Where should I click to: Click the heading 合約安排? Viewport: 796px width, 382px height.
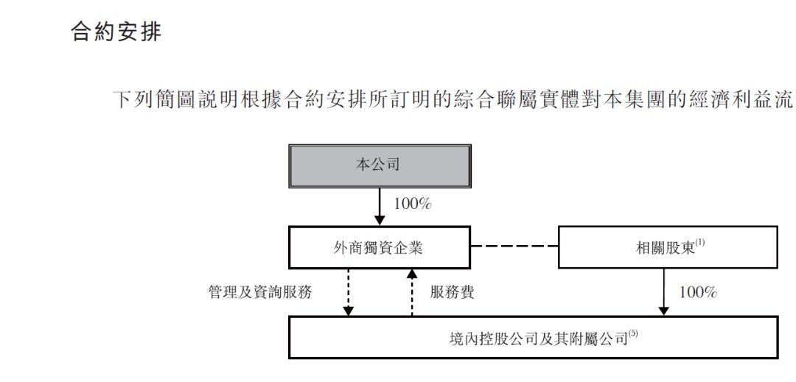click(x=116, y=31)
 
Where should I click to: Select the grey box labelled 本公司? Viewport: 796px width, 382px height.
click(x=380, y=166)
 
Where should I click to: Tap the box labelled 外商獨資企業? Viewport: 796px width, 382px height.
click(x=380, y=247)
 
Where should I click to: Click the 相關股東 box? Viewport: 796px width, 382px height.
click(x=668, y=247)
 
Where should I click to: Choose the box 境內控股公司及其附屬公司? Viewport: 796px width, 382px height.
click(x=533, y=337)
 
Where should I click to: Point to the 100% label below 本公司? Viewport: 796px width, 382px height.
click(x=413, y=204)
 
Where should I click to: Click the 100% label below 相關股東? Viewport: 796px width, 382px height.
click(x=698, y=293)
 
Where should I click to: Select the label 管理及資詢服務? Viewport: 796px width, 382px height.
click(x=260, y=292)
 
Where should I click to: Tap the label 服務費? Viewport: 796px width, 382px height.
click(x=453, y=292)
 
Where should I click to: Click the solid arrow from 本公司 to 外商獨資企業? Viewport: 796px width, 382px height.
click(x=380, y=208)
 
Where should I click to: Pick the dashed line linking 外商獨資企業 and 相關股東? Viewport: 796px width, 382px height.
click(x=514, y=247)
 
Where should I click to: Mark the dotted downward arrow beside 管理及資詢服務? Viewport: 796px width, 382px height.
click(x=348, y=292)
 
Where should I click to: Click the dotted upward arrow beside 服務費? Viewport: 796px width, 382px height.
click(x=412, y=292)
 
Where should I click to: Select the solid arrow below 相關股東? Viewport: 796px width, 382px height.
click(x=663, y=292)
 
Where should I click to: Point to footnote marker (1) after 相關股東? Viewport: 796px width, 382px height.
click(x=701, y=243)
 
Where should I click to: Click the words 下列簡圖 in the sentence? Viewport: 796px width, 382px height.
click(x=156, y=100)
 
